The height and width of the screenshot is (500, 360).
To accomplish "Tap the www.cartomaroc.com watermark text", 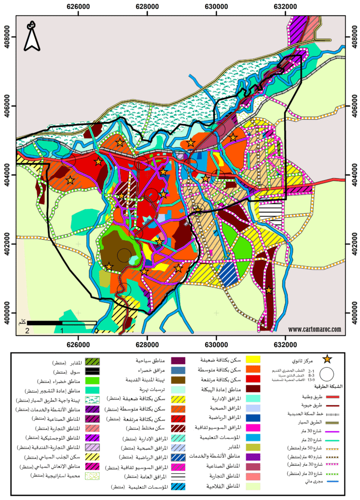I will pyautogui.click(x=315, y=329).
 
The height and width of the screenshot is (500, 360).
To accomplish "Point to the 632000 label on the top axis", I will pyautogui.click(x=285, y=7).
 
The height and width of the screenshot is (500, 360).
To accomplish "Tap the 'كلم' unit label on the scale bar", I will pyautogui.click(x=21, y=322).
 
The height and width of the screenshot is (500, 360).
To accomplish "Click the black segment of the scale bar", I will pyautogui.click(x=44, y=323).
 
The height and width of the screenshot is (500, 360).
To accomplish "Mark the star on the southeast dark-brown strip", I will pyautogui.click(x=268, y=290).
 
